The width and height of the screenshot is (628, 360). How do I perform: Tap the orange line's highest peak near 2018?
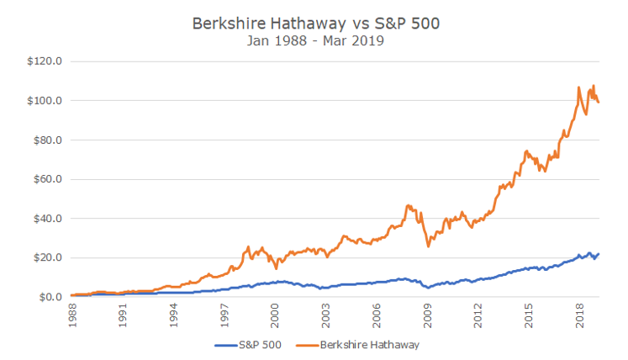[594, 85]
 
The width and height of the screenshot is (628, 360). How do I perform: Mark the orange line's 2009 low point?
[429, 246]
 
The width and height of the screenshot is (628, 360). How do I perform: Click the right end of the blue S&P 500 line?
[598, 254]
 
